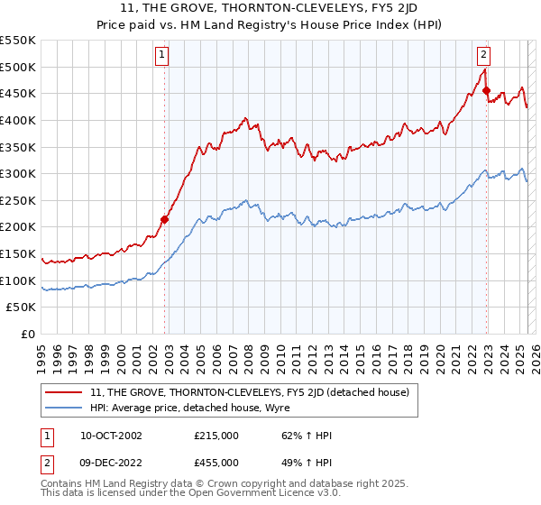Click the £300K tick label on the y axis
pyautogui.click(x=18, y=173)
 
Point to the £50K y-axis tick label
pyautogui.click(x=21, y=308)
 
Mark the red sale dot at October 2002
pyautogui.click(x=165, y=219)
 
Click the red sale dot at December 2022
pyautogui.click(x=486, y=90)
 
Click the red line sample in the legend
pyautogui.click(x=65, y=393)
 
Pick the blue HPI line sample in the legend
pyautogui.click(x=65, y=408)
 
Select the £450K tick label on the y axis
pyautogui.click(x=18, y=93)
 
